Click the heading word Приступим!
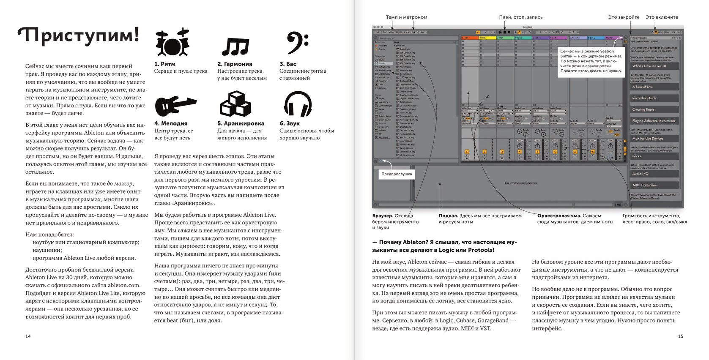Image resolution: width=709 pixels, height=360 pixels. pyautogui.click(x=79, y=35)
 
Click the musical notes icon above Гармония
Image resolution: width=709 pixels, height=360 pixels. pyautogui.click(x=235, y=46)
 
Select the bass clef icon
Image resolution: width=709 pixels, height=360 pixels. pyautogui.click(x=297, y=43)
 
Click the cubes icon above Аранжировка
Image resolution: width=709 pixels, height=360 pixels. pyautogui.click(x=235, y=104)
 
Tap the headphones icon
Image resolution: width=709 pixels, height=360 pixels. pyautogui.click(x=298, y=104)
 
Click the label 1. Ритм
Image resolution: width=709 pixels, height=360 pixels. pyautogui.click(x=165, y=64)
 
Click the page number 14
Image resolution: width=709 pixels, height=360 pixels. pyautogui.click(x=28, y=336)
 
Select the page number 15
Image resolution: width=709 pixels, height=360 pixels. pyautogui.click(x=680, y=336)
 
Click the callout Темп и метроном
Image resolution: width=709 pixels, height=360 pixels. pyautogui.click(x=406, y=17)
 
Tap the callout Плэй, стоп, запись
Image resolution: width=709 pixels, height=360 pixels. pyautogui.click(x=520, y=17)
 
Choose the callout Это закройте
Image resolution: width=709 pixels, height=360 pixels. pyautogui.click(x=624, y=17)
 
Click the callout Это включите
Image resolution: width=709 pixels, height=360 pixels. pyautogui.click(x=662, y=17)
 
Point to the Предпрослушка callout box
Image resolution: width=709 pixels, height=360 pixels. pyautogui.click(x=397, y=174)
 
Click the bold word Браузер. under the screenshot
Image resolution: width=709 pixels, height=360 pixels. pyautogui.click(x=383, y=216)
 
